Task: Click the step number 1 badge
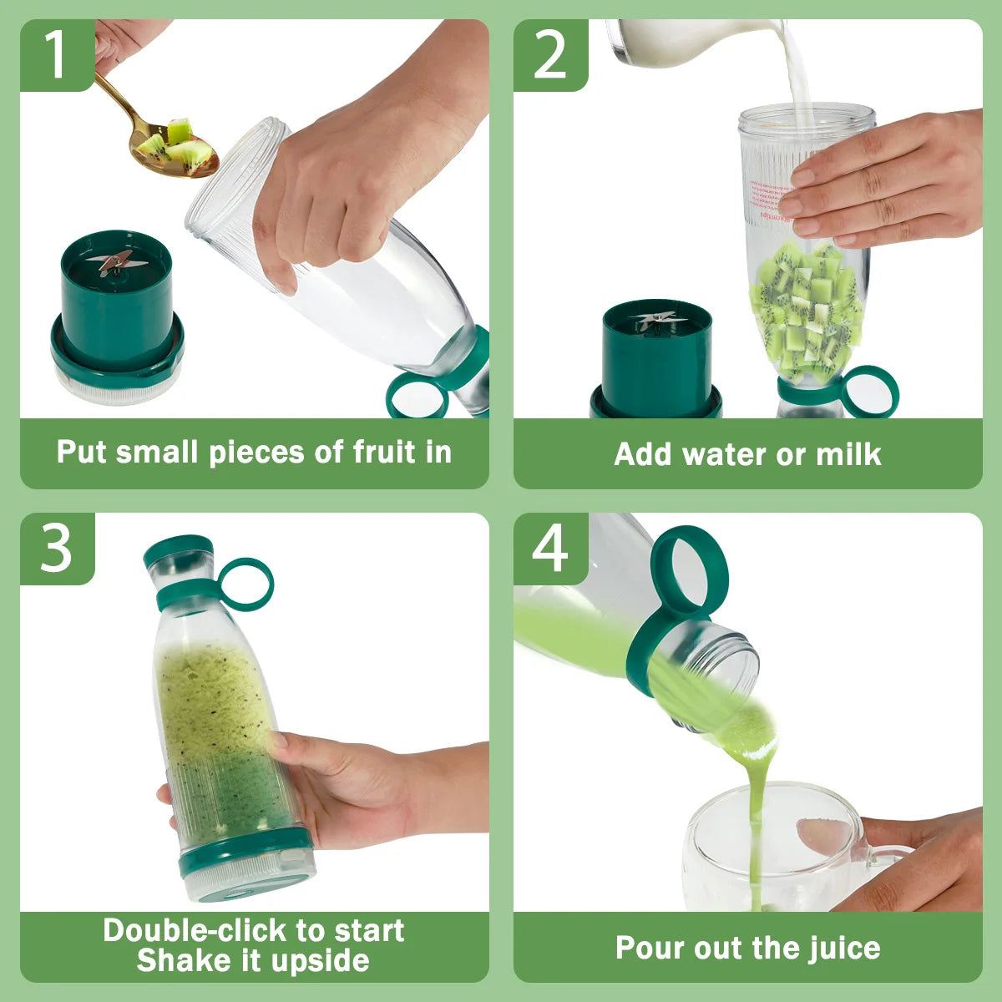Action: click(x=55, y=55)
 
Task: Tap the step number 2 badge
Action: click(x=549, y=55)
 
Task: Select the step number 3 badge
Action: click(x=56, y=549)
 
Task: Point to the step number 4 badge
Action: click(x=549, y=549)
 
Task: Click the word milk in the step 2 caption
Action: click(x=848, y=454)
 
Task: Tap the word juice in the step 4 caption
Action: click(x=845, y=948)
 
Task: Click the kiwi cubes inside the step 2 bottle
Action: click(x=807, y=309)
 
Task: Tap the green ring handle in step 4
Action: click(x=689, y=568)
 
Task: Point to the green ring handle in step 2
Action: click(x=871, y=391)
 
